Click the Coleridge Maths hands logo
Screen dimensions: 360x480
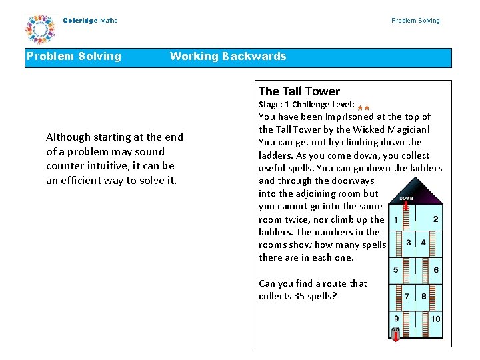pos(40,29)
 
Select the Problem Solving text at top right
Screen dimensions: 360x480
pos(415,21)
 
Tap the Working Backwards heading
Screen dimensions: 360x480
pos(227,57)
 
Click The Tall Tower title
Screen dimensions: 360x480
pos(299,91)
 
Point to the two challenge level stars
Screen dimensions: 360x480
pos(363,107)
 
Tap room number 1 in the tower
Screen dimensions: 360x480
pos(396,220)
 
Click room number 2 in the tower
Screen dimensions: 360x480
pos(436,219)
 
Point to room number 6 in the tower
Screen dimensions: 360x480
pos(436,270)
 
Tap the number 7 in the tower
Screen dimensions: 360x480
pos(407,295)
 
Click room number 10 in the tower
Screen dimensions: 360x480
pos(435,319)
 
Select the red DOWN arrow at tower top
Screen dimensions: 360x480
pos(406,205)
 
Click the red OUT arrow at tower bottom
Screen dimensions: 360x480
pos(395,334)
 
